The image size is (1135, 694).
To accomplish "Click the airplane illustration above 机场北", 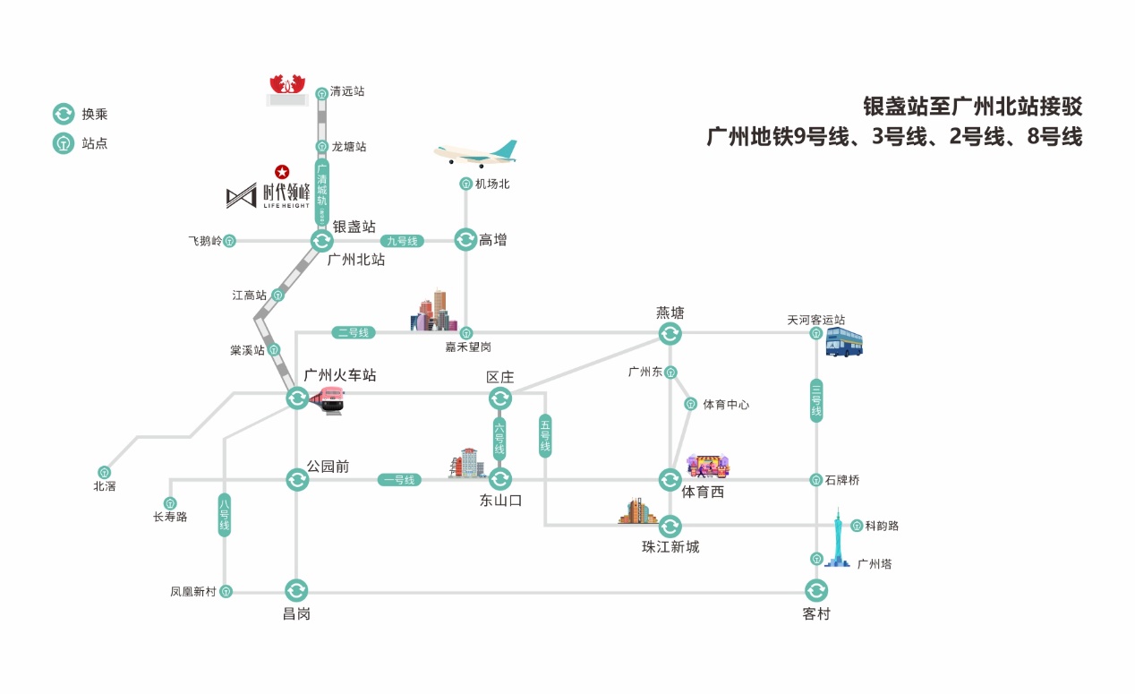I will click(x=475, y=152).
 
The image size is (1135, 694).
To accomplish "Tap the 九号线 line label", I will click(x=402, y=241).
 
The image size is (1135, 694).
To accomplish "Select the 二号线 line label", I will click(x=354, y=333).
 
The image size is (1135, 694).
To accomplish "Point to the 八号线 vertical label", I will click(x=225, y=515).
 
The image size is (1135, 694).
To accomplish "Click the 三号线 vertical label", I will click(x=816, y=400).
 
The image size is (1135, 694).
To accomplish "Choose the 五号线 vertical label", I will click(x=545, y=435).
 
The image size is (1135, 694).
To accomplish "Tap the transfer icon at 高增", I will click(x=465, y=240).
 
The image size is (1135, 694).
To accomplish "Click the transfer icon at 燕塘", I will click(x=670, y=334).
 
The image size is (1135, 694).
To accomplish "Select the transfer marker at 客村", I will click(x=816, y=591).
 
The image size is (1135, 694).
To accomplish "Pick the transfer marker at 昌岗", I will click(x=296, y=591).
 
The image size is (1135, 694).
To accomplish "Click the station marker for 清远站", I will click(x=322, y=92).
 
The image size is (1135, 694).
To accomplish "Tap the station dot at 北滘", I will click(x=105, y=472).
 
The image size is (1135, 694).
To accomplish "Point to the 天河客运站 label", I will click(x=815, y=320).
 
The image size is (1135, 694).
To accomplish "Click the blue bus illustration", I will click(x=843, y=342).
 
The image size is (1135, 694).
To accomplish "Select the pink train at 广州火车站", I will click(x=328, y=398).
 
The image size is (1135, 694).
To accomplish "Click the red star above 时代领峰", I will click(x=281, y=170).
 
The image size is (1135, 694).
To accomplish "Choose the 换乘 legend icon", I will click(x=64, y=114).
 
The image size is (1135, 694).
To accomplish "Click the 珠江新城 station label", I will click(x=670, y=547).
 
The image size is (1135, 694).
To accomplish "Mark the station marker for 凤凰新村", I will click(x=226, y=591).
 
